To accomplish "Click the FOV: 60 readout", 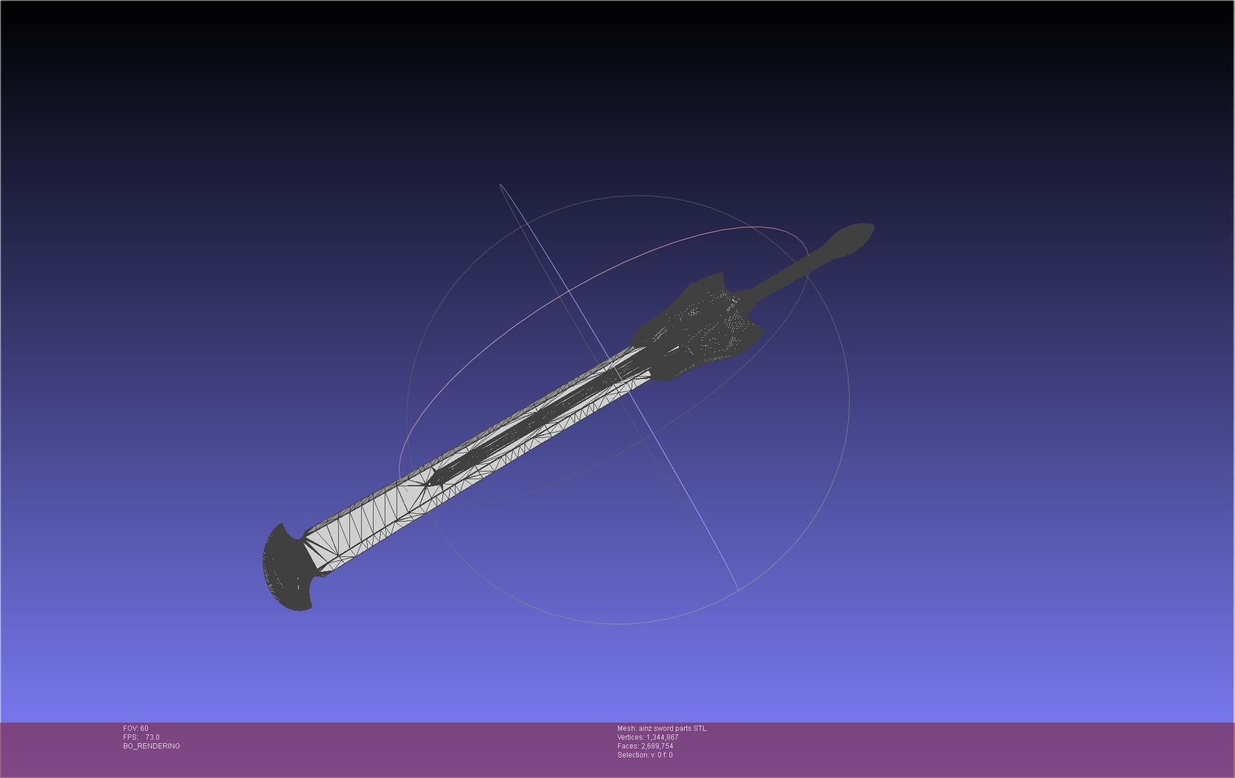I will [136, 728].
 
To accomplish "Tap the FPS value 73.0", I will [152, 737].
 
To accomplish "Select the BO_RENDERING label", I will [151, 746].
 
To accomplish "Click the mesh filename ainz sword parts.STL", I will [672, 728].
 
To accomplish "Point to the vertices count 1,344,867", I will [662, 737].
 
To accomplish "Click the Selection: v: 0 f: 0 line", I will [645, 755].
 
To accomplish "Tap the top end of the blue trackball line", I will [501, 186].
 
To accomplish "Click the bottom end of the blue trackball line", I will [738, 590].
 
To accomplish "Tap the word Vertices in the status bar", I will [630, 737].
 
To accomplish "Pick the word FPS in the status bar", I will [130, 737].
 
